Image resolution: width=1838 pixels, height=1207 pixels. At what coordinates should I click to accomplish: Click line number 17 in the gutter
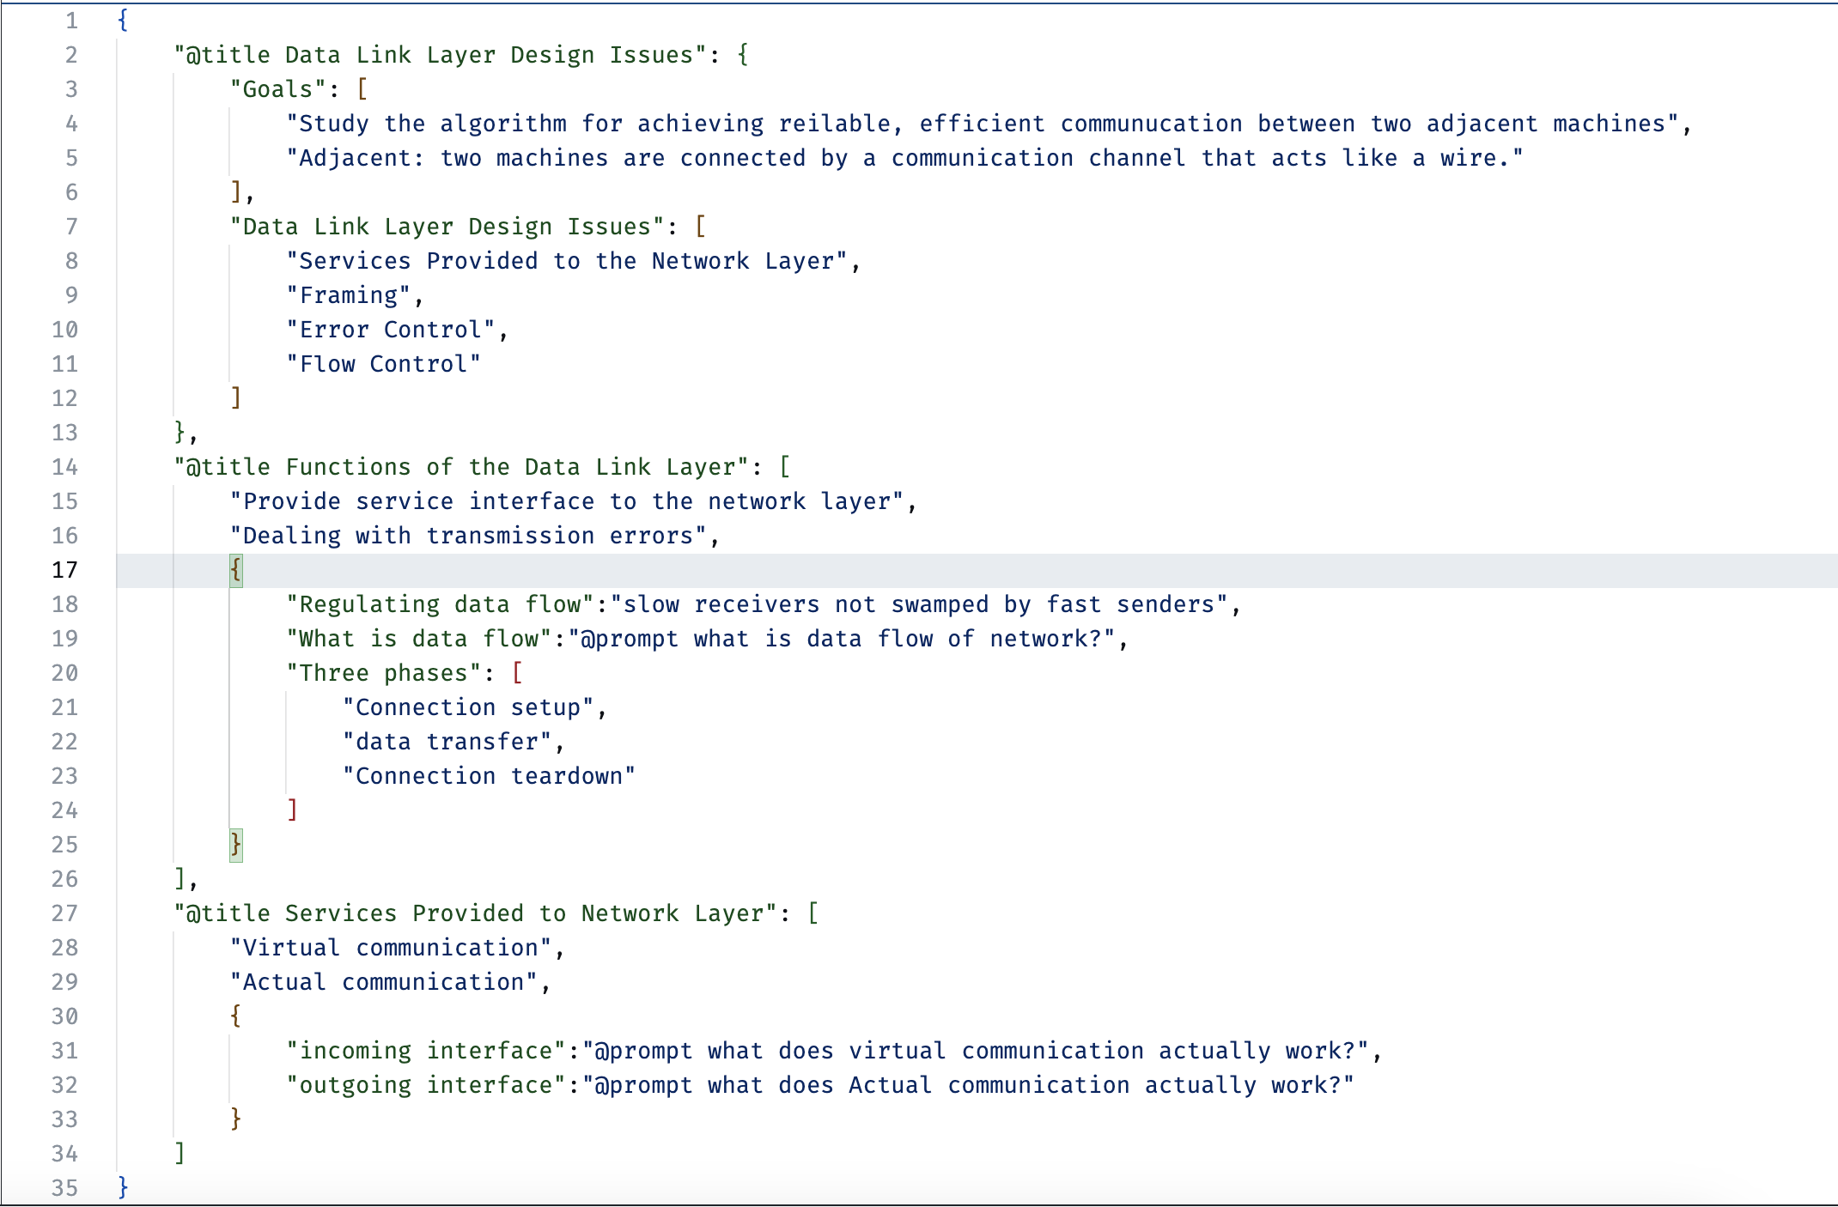64,570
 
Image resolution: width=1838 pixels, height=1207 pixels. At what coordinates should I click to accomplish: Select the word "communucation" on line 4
1151,124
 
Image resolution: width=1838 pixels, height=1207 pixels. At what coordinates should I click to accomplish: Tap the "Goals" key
277,89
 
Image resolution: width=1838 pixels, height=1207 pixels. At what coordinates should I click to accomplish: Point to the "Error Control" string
391,330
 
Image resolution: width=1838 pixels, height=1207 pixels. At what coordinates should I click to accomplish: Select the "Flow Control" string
383,364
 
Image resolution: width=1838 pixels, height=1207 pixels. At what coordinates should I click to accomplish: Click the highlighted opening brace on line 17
236,570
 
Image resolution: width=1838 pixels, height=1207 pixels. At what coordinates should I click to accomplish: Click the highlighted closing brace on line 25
236,845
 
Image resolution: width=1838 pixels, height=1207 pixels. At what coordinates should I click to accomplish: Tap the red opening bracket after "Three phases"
517,673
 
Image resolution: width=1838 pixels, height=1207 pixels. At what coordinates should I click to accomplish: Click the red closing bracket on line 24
292,810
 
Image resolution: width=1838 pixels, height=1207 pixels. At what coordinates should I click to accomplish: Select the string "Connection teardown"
489,776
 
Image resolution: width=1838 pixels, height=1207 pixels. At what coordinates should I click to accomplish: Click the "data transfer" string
447,742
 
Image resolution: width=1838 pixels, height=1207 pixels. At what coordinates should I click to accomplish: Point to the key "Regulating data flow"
441,604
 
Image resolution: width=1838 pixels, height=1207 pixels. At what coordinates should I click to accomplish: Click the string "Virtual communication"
391,948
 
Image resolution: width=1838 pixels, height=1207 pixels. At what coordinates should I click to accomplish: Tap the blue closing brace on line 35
123,1187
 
